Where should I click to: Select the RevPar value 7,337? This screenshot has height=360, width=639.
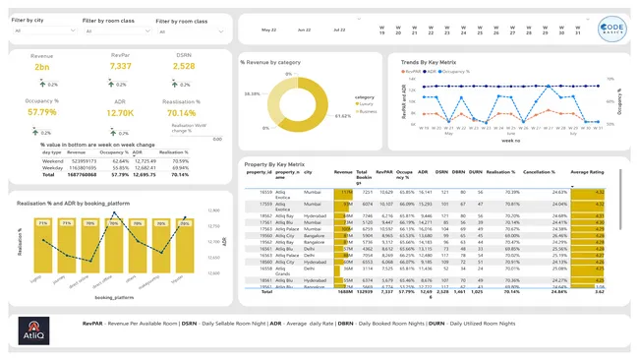(120, 66)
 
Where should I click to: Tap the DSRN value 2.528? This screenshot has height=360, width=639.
(183, 66)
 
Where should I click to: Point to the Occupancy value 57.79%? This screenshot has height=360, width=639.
(41, 112)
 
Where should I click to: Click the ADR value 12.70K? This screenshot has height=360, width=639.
(120, 112)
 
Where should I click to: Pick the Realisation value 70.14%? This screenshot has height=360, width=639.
(183, 112)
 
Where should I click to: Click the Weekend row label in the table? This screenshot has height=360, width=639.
(51, 160)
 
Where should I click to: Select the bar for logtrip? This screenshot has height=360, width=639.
(42, 247)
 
